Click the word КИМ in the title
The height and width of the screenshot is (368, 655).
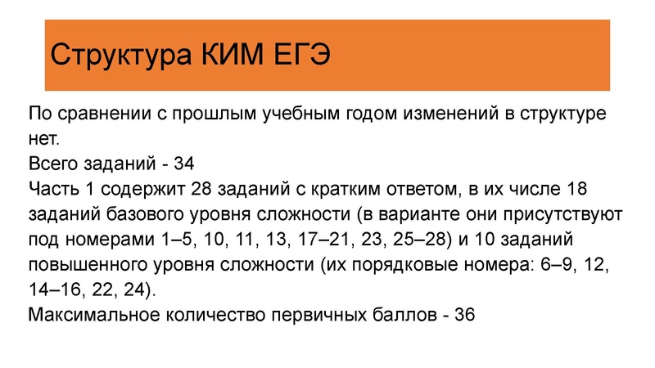(233, 56)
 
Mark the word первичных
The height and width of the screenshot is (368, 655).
(314, 316)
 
